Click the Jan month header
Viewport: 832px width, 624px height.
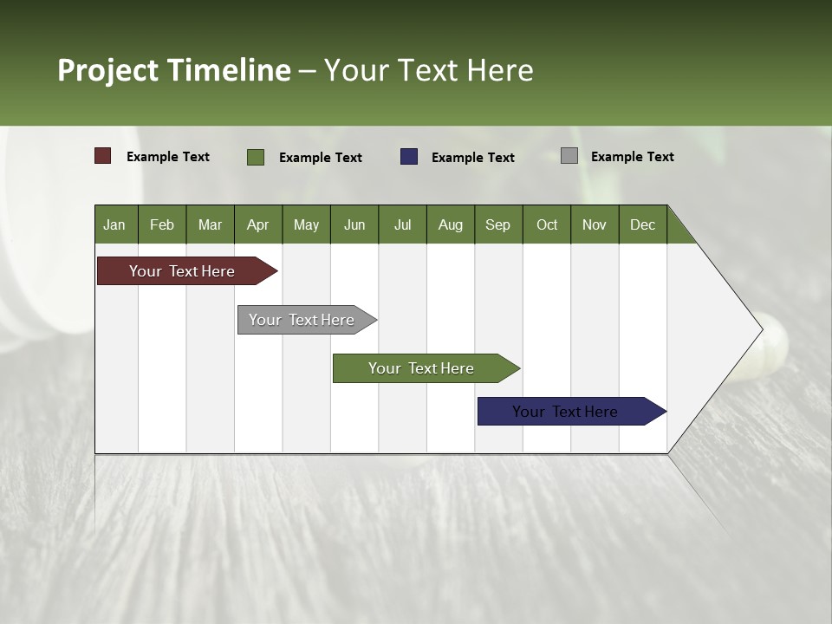pos(115,224)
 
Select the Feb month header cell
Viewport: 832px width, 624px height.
pos(162,224)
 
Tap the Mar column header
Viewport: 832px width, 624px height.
pos(210,224)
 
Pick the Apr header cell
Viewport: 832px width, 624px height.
pos(258,224)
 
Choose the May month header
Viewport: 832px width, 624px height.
pos(306,224)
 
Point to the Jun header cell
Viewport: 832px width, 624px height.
pos(354,224)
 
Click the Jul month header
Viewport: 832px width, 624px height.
pos(402,224)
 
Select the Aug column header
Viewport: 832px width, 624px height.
pos(451,224)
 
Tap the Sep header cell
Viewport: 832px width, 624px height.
pos(498,224)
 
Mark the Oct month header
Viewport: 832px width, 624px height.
pos(547,224)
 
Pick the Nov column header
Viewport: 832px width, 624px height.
pos(595,224)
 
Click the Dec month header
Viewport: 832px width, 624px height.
pos(643,224)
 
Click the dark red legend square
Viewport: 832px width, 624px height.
pos(103,156)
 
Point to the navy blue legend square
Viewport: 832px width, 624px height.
pos(409,157)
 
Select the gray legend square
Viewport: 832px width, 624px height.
pos(569,156)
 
